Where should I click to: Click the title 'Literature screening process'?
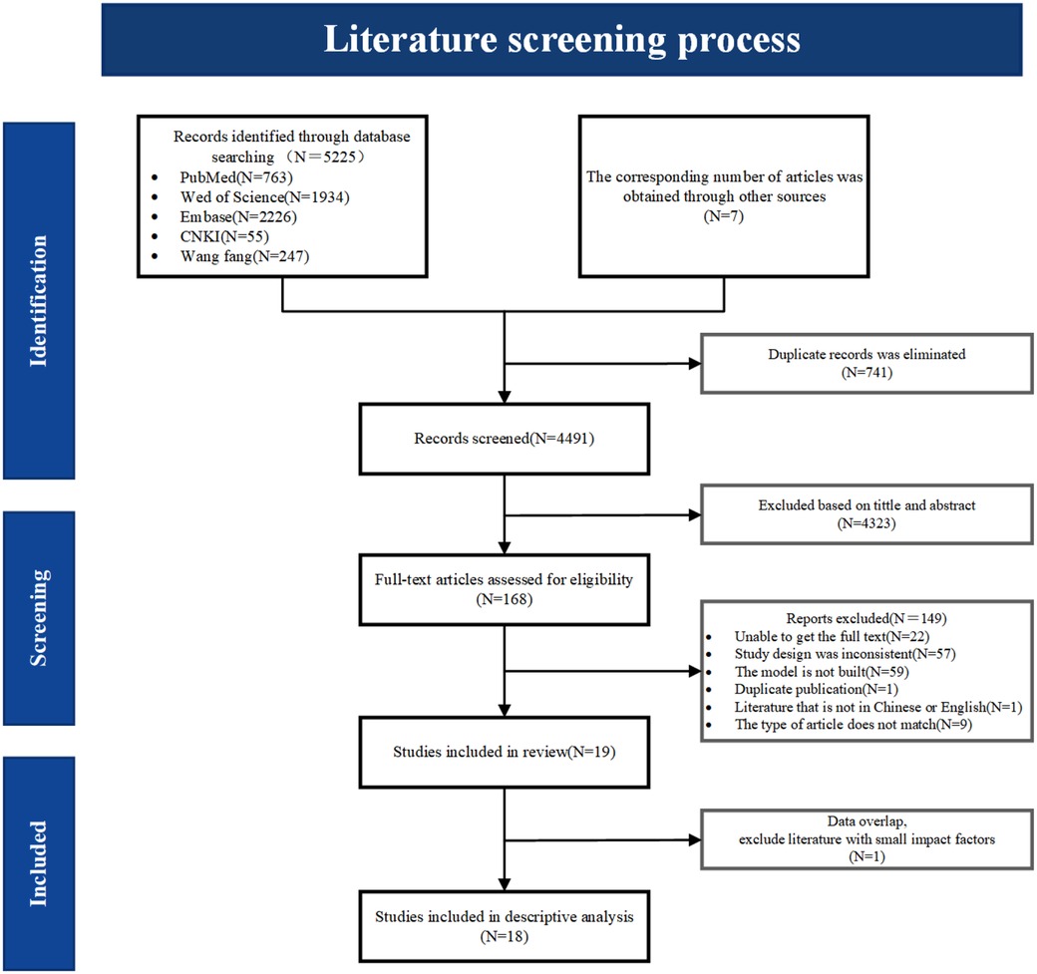[x=561, y=40]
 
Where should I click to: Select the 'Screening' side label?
[x=40, y=609]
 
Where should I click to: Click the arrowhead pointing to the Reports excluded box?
[x=695, y=671]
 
